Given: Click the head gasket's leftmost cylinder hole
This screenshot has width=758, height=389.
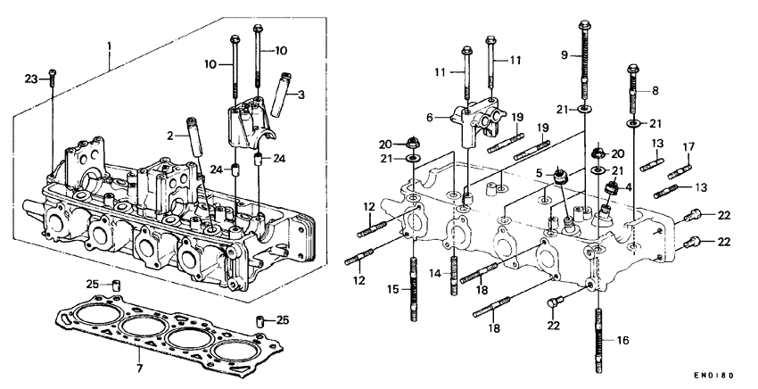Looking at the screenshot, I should (x=91, y=318).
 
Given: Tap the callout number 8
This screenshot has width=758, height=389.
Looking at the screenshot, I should (x=655, y=91).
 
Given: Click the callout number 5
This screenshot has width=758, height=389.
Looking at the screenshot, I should (x=540, y=173).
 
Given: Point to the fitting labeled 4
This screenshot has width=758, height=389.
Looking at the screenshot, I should (x=612, y=189).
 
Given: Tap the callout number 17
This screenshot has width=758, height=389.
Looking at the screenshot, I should (x=688, y=146).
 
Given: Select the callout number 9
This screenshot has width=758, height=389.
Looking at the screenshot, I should (x=564, y=55).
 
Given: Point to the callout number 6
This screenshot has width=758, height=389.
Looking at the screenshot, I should (x=433, y=117).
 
